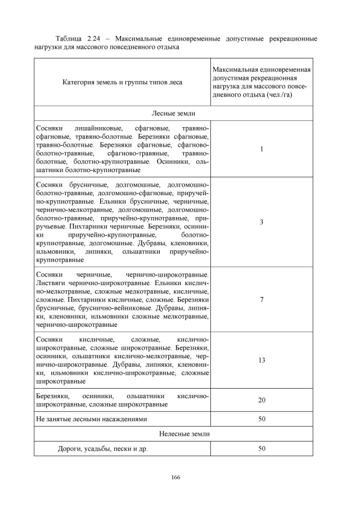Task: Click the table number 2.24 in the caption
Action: [99, 39]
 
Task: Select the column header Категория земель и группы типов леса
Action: [122, 82]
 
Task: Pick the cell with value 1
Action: [262, 149]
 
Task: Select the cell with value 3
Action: [262, 222]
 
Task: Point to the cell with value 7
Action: [262, 300]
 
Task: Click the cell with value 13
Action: [262, 360]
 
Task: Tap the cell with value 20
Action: [262, 400]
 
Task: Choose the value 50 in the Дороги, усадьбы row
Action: [262, 448]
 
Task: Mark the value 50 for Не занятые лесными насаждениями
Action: [262, 419]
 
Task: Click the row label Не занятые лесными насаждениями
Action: [91, 419]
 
